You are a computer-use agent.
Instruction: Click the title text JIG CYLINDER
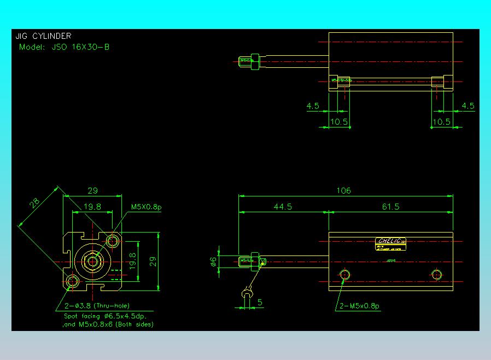point(43,37)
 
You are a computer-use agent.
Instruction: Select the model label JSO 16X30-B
point(64,47)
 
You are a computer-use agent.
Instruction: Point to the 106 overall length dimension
point(343,190)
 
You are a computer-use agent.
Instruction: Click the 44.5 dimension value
point(283,206)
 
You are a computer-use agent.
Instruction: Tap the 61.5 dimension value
point(390,206)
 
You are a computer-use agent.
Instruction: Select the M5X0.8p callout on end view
point(146,207)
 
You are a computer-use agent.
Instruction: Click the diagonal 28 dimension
point(35,203)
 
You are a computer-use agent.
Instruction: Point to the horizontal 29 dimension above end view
point(92,191)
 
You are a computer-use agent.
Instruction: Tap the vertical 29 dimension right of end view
point(153,262)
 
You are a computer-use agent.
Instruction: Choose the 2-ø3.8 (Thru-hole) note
point(97,305)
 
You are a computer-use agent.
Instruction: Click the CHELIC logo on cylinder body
point(391,241)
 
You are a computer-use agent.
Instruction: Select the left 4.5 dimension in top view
point(313,106)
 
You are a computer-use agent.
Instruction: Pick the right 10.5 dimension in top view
point(441,121)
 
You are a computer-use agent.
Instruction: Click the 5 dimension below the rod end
point(260,301)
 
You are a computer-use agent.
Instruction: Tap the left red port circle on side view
point(344,274)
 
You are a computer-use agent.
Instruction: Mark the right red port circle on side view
point(436,274)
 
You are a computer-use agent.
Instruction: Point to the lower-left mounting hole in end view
point(73,281)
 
